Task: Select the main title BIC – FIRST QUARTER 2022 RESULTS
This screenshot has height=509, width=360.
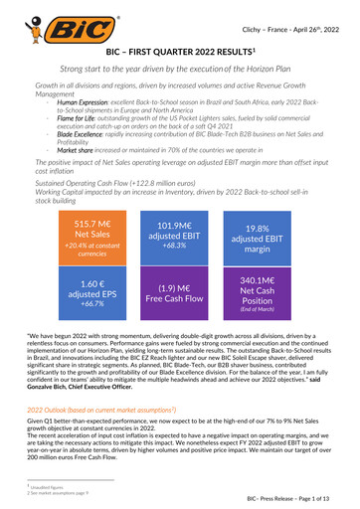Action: [x=179, y=51]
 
